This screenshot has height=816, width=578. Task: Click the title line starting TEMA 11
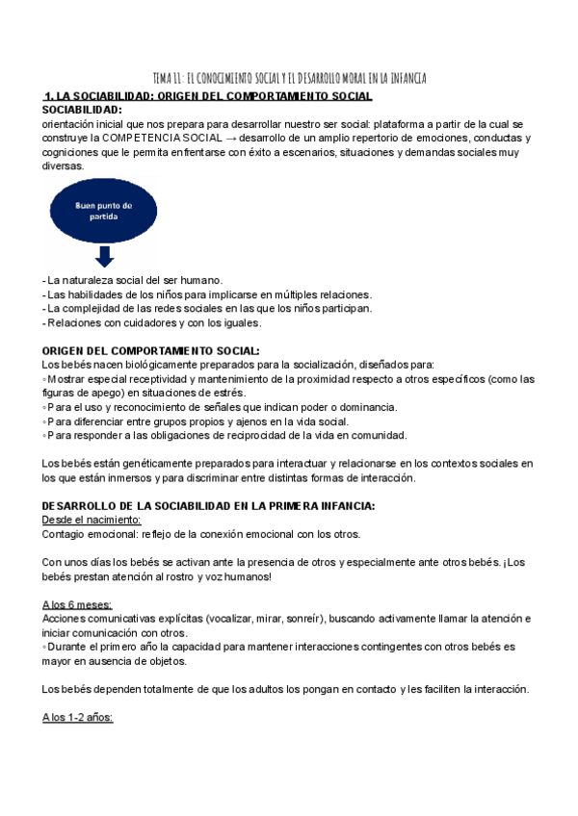289,77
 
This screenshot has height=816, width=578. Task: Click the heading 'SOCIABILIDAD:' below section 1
83,110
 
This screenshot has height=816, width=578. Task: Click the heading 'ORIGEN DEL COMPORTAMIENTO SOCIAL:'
151,350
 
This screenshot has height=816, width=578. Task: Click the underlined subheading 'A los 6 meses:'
77,604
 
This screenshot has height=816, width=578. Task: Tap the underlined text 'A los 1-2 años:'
78,718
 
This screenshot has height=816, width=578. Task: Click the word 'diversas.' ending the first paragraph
64,166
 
